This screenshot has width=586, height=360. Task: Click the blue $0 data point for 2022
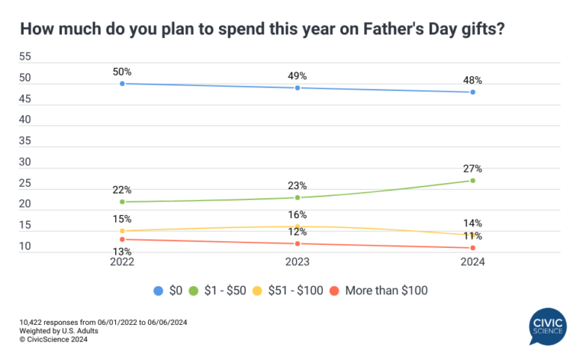pyautogui.click(x=122, y=83)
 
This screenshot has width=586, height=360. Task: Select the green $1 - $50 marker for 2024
pyautogui.click(x=473, y=181)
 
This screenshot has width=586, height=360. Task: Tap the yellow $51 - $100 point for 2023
pyautogui.click(x=298, y=227)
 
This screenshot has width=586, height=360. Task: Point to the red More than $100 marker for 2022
pyautogui.click(x=122, y=239)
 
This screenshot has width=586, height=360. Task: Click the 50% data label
pyautogui.click(x=122, y=71)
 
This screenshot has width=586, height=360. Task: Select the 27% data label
pyautogui.click(x=473, y=169)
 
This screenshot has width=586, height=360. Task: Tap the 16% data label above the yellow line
pyautogui.click(x=298, y=215)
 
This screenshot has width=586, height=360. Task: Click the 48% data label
pyautogui.click(x=473, y=80)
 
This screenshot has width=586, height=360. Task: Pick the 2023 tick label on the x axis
pyautogui.click(x=298, y=262)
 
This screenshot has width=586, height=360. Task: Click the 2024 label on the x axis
pyautogui.click(x=473, y=262)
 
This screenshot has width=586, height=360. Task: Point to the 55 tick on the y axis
pyautogui.click(x=25, y=57)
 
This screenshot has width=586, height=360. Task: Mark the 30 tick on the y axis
pyautogui.click(x=25, y=162)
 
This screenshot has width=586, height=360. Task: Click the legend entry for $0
pyautogui.click(x=169, y=290)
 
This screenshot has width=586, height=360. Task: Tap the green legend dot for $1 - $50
pyautogui.click(x=194, y=290)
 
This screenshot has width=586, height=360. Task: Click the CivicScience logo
pyautogui.click(x=548, y=326)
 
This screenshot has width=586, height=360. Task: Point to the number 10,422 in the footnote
pyautogui.click(x=36, y=323)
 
